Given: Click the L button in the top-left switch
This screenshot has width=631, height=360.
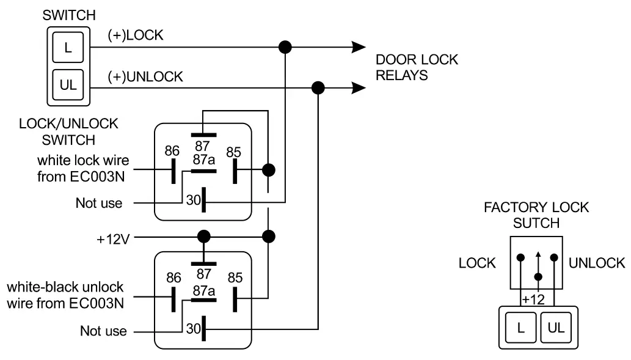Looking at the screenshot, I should point(68,49).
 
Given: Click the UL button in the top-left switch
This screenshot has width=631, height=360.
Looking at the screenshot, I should point(68,85).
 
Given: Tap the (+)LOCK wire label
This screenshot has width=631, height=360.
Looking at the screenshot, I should point(135,35).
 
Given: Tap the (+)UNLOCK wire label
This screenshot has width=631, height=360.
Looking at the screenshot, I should point(145,77).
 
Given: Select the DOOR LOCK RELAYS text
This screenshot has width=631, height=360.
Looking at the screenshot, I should point(417,68).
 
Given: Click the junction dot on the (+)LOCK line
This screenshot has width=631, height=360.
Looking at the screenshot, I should point(285,46).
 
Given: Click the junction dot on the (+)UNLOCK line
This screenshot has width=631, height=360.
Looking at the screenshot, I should point(318,88).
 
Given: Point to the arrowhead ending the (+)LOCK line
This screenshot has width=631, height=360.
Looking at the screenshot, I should point(359,46).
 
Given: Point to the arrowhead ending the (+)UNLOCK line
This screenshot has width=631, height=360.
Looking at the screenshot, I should point(359,88).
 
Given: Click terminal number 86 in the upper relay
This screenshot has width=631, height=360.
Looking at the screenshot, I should point(173,150).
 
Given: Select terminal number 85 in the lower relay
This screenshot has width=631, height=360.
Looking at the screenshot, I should point(235,278).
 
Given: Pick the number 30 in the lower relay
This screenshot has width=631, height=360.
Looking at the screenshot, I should point(194,329).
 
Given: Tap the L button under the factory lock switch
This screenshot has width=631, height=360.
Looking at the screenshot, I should point(520,327).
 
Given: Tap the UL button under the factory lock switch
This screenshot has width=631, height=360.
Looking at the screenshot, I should point(556,327).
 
